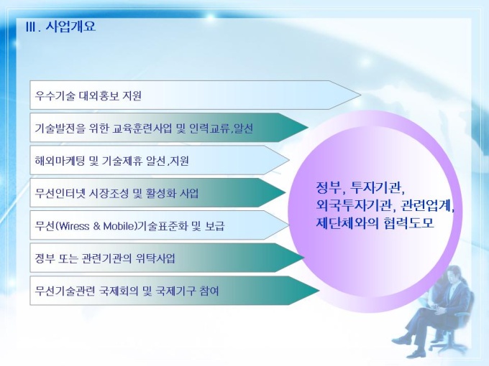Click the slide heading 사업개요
click(x=70, y=26)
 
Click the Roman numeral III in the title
click(x=32, y=27)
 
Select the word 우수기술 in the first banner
click(x=55, y=95)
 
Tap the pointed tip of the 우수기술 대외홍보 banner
click(x=360, y=95)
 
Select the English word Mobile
click(x=119, y=226)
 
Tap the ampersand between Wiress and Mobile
click(x=96, y=226)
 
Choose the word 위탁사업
click(x=155, y=258)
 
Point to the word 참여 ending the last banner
click(x=209, y=291)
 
